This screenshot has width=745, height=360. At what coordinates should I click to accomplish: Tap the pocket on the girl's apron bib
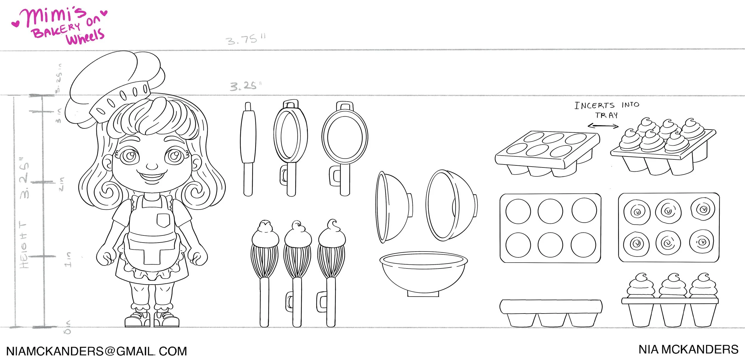(163, 220)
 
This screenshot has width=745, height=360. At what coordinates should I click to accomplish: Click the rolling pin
(248, 149)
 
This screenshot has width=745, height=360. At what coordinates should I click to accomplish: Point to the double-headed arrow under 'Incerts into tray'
(603, 126)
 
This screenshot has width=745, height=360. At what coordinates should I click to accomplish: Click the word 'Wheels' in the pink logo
(85, 37)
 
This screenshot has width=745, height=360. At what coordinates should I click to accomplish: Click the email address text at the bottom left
(97, 351)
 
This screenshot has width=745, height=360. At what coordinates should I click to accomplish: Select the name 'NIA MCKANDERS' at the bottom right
(688, 350)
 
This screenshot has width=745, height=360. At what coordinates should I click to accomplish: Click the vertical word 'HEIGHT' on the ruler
(24, 244)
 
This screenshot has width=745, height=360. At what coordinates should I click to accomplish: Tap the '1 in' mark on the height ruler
(68, 259)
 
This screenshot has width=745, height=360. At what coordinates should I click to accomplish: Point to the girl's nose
(152, 166)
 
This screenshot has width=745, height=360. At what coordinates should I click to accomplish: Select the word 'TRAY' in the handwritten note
(606, 115)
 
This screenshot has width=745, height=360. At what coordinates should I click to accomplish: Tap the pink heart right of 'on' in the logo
(104, 13)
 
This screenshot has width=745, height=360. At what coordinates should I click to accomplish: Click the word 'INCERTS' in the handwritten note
(594, 105)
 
